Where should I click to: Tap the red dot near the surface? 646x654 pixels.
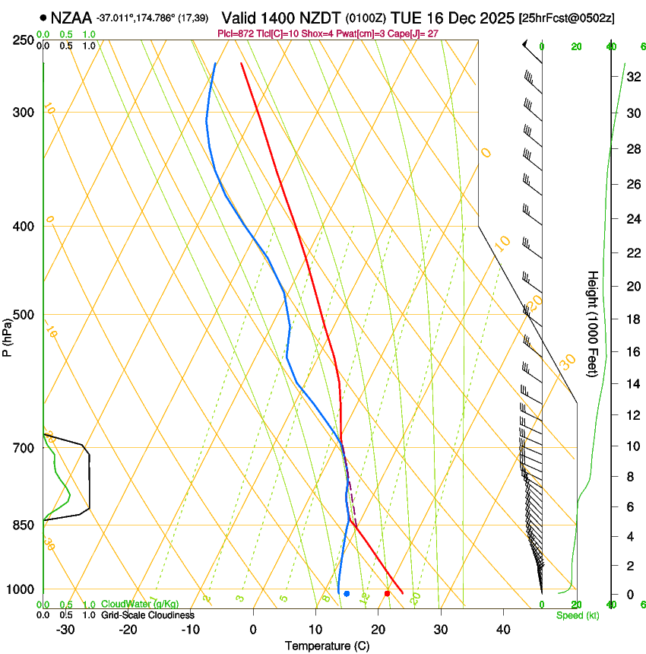tap(388, 593)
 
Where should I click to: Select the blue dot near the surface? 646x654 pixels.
tap(347, 593)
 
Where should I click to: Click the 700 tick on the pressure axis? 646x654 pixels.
tap(23, 448)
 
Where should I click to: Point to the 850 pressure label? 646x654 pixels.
tap(23, 525)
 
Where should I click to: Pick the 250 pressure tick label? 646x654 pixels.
tap(23, 40)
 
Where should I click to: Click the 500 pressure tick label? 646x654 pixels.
tap(23, 315)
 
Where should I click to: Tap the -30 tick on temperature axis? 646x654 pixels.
tap(65, 629)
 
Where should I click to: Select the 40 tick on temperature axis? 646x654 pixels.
tap(502, 629)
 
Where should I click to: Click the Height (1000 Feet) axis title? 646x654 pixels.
tap(594, 323)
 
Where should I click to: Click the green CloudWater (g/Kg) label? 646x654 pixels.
tap(140, 604)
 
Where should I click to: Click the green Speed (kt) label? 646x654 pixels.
tap(577, 615)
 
